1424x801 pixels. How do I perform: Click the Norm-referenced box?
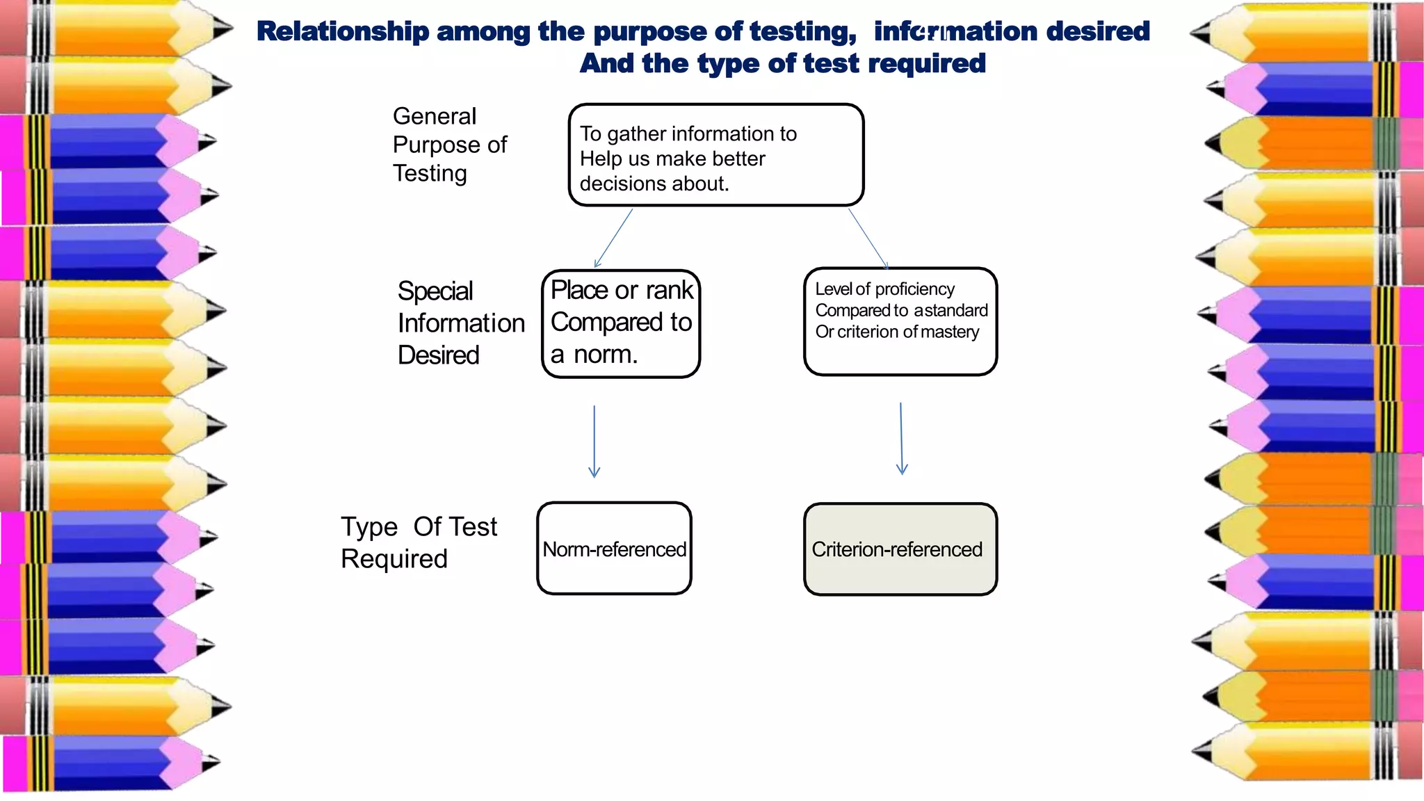pos(614,548)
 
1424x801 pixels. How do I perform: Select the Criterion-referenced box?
pos(900,549)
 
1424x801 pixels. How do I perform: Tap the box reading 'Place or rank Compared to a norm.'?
pos(621,324)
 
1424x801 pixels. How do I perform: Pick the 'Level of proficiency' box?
pos(900,321)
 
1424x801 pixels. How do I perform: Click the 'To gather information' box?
pos(716,155)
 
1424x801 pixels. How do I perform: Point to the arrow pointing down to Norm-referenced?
pos(594,442)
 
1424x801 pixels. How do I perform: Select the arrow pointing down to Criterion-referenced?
pos(901,439)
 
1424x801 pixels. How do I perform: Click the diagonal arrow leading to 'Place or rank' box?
pos(613,238)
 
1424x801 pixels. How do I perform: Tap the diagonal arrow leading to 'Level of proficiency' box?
pos(868,238)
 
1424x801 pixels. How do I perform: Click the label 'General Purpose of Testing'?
pos(450,145)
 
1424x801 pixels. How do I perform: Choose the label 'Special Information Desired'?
pos(461,323)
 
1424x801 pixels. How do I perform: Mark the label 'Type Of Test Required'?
pos(419,542)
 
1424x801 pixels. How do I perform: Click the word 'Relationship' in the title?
pos(343,31)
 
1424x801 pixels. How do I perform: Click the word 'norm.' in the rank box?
pos(606,355)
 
